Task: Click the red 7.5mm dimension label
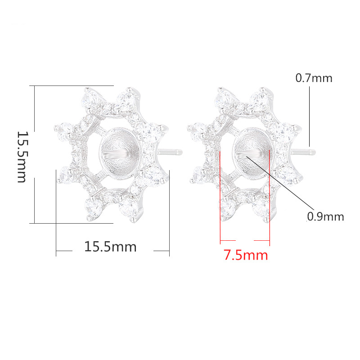tap(246, 255)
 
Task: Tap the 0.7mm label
tap(314, 78)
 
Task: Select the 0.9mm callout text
tap(325, 216)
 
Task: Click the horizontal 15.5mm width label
tap(110, 247)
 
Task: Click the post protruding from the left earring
tap(170, 152)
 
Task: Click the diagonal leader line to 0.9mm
tap(277, 183)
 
